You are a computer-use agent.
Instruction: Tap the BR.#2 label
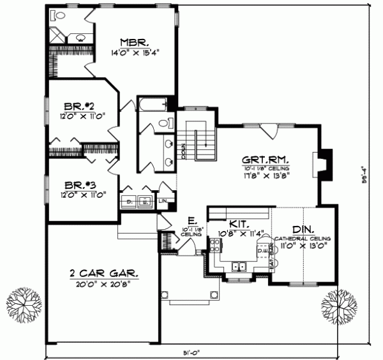point(80,106)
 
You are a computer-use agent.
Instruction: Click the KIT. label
point(240,225)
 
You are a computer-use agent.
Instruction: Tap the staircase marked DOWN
point(203,139)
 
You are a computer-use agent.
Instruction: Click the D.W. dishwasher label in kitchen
point(261,251)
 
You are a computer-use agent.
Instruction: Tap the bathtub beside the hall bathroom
point(153,103)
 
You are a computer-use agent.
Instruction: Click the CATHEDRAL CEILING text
point(302,237)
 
